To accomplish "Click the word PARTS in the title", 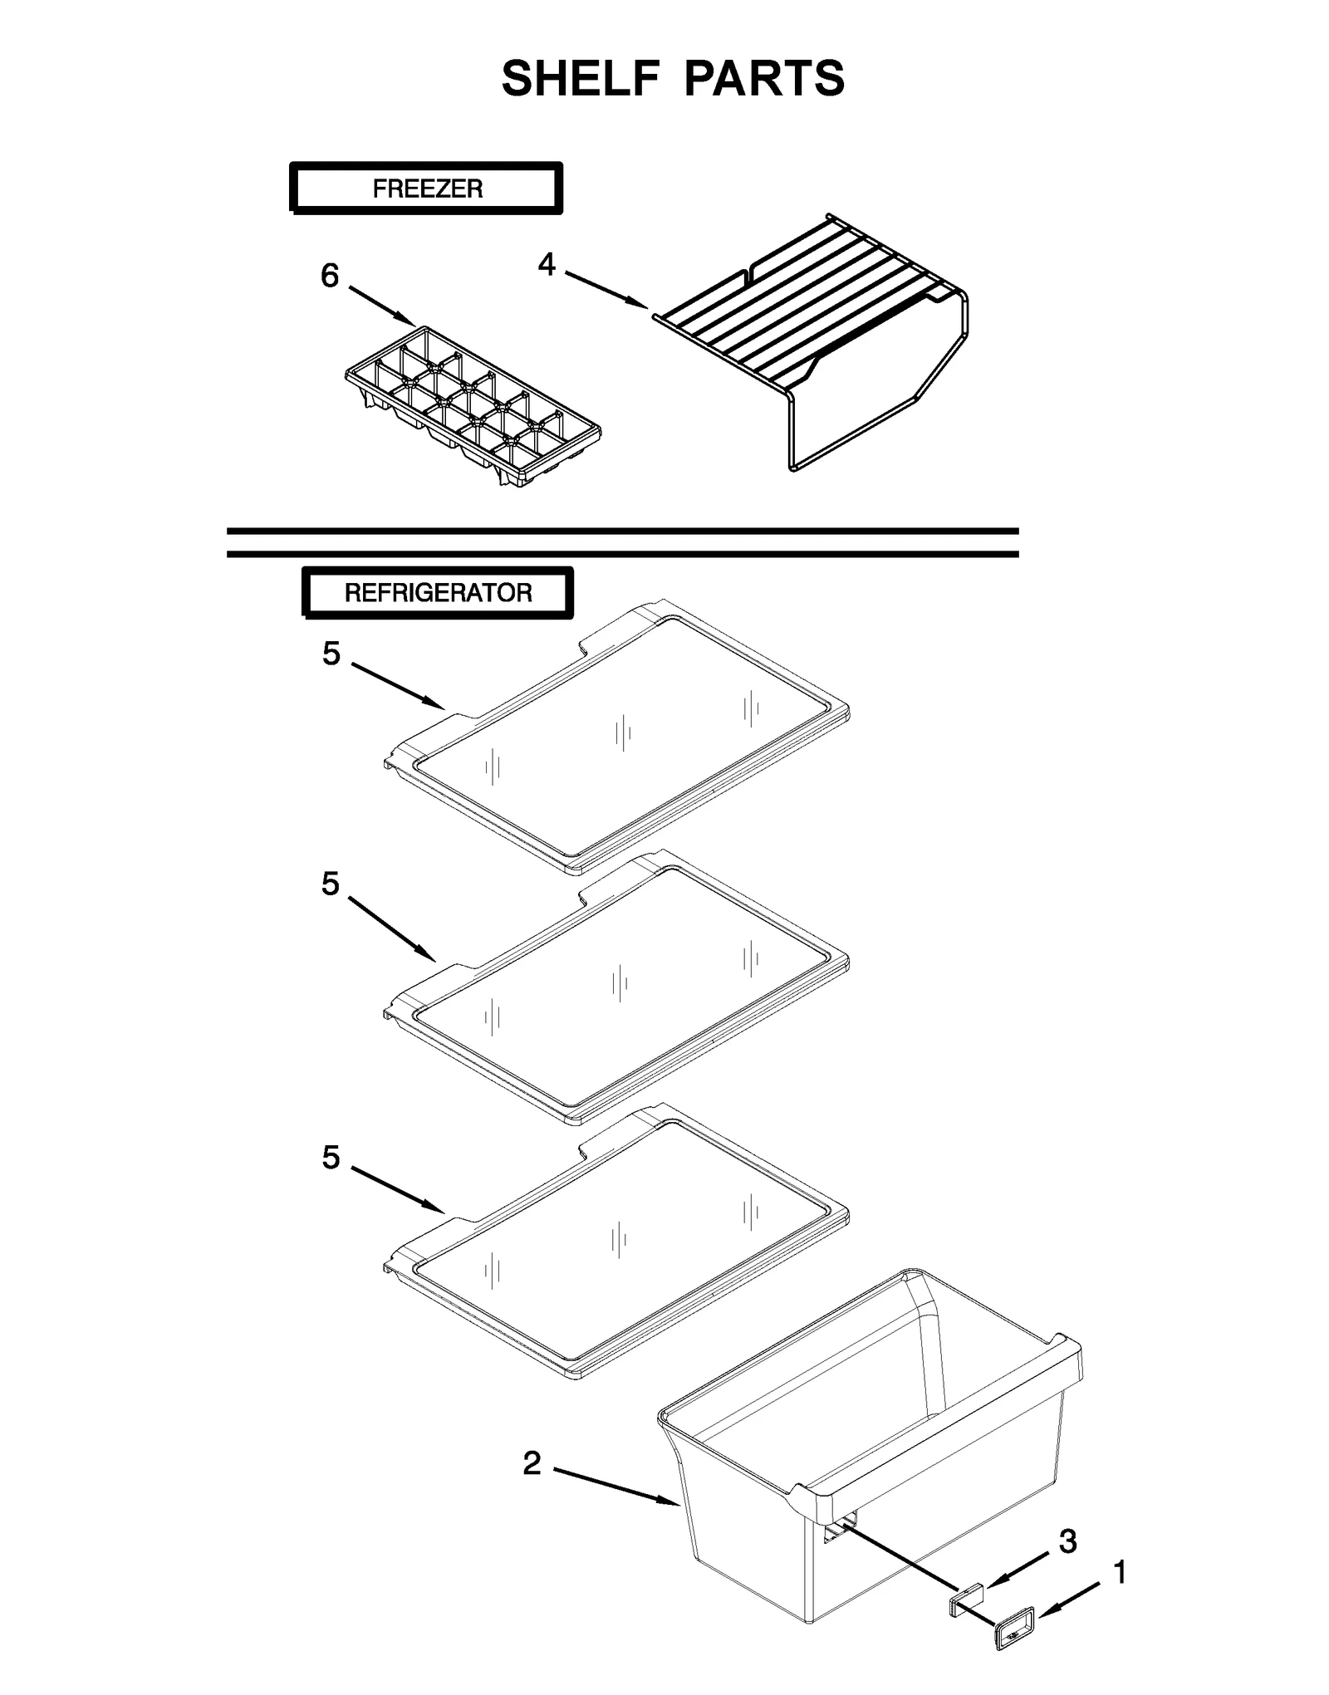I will pos(764,79).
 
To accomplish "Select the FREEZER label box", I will pos(426,189).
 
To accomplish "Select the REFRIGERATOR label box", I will pos(438,593).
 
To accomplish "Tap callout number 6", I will pos(330,276).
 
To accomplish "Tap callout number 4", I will pos(546,264).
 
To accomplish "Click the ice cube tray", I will pos(472,405).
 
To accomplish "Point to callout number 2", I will pos(532,1464).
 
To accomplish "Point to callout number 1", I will pos(1119,1572).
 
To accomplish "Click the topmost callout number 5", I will pos(331,654).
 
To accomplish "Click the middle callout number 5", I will pos(331,884).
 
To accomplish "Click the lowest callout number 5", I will pos(331,1157).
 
